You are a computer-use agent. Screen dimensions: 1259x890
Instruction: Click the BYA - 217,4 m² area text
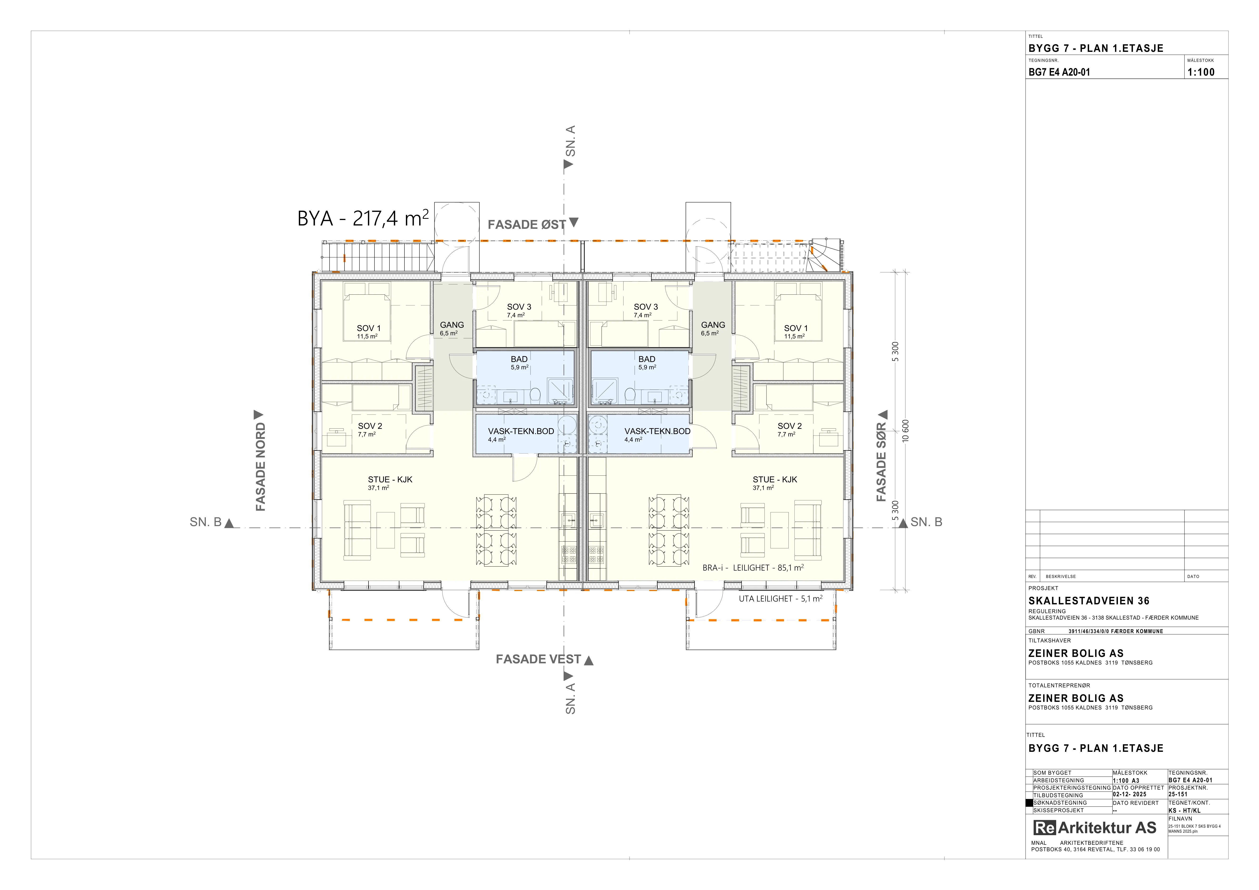coord(363,218)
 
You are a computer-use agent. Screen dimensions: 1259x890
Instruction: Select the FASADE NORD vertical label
coord(261,467)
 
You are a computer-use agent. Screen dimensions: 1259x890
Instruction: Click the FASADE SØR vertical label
coord(881,462)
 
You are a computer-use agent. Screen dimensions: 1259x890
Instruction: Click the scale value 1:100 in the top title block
coord(1201,72)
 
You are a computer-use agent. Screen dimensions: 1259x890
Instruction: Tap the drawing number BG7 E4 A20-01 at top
coord(1059,72)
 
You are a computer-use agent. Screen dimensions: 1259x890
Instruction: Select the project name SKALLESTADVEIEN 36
coord(1088,601)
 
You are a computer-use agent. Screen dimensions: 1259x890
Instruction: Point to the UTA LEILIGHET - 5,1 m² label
coord(780,599)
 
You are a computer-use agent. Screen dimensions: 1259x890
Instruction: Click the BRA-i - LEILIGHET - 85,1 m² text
coord(753,568)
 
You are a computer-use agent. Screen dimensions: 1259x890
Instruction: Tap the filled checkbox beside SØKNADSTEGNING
coord(1029,803)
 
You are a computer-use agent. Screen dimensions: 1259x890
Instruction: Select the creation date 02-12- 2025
coord(1130,794)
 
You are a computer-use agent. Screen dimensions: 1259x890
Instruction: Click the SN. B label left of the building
coord(206,522)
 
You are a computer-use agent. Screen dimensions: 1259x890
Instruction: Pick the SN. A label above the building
coord(571,141)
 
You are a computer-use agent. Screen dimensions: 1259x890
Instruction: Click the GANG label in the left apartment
coord(452,325)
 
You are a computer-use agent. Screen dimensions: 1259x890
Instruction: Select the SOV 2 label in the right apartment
coord(790,426)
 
